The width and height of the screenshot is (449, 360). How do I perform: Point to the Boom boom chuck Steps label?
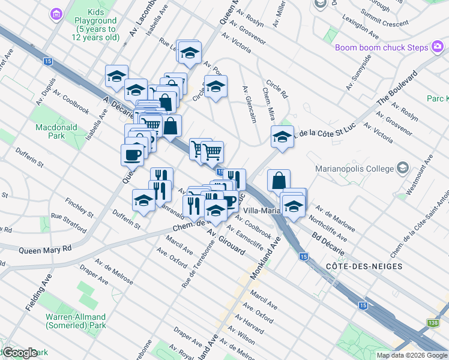click(x=381, y=48)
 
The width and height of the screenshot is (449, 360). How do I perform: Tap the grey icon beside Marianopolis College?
click(x=402, y=168)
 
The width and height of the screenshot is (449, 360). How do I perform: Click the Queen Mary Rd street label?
click(x=45, y=249)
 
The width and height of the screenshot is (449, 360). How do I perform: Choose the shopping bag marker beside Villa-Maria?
click(x=279, y=179)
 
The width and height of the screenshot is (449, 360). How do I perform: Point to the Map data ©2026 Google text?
click(x=412, y=355)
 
